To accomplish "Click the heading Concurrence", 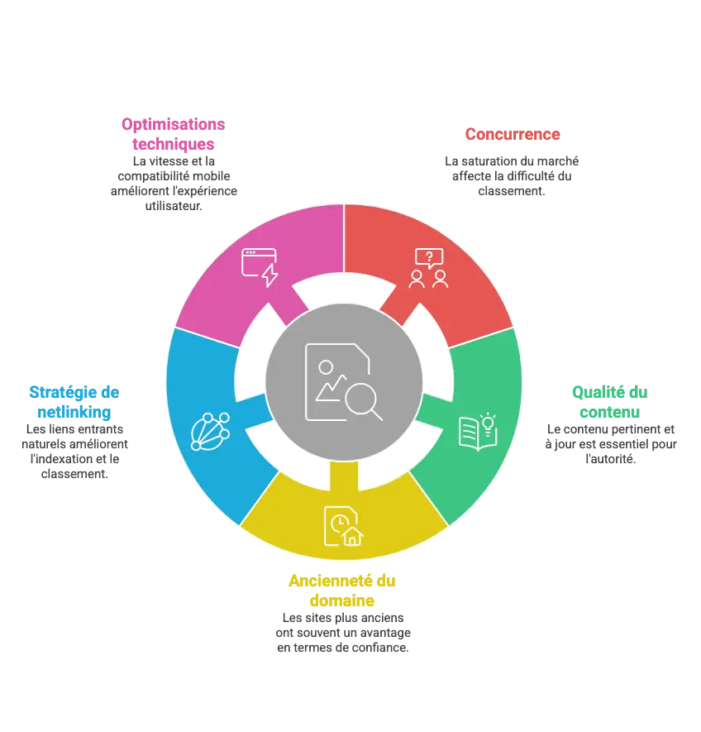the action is point(513,135).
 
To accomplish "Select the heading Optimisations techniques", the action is point(173,134).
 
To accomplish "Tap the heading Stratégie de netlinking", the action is point(74,402).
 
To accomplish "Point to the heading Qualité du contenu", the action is point(609,402).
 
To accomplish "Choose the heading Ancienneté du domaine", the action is point(342,590).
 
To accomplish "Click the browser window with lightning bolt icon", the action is point(260,267).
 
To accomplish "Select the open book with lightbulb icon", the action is point(478,432).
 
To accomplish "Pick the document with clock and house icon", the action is point(344,526).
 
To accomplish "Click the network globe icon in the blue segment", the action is point(210,432).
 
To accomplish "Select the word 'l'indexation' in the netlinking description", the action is point(61,459).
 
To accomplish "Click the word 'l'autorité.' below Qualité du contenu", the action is point(610,459).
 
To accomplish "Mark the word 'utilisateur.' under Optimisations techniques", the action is point(174,206).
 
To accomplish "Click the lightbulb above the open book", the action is point(489,423).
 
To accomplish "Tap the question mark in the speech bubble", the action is point(429,256).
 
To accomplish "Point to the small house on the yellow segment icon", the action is point(353,537).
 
